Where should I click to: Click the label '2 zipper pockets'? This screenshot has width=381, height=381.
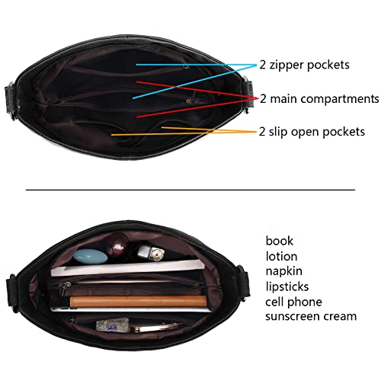coord(304,66)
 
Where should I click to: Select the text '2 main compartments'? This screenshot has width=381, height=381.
coord(319,98)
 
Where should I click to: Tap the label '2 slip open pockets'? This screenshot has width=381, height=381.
coord(312,132)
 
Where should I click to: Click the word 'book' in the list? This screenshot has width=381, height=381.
coord(279,241)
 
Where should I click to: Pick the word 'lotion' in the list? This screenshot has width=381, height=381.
coord(281,256)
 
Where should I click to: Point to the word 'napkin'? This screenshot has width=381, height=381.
coord(284,271)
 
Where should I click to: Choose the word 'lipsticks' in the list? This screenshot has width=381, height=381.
coord(287,287)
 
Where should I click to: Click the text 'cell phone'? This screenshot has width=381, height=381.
coord(293,302)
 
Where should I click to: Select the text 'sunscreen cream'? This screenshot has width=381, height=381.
coord(311,316)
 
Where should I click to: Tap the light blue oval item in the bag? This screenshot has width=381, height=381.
coord(90,256)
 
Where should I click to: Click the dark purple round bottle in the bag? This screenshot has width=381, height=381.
coord(118,245)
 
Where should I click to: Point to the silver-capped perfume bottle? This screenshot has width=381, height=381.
coord(151,252)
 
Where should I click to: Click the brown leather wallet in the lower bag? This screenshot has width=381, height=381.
coord(139,301)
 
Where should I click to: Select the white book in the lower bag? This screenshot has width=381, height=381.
coord(128,268)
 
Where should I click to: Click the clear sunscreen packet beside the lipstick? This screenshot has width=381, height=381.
coord(113,325)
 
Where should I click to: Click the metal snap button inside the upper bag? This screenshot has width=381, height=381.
coord(189,101)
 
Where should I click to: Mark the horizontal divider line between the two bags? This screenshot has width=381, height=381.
coord(190,190)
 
